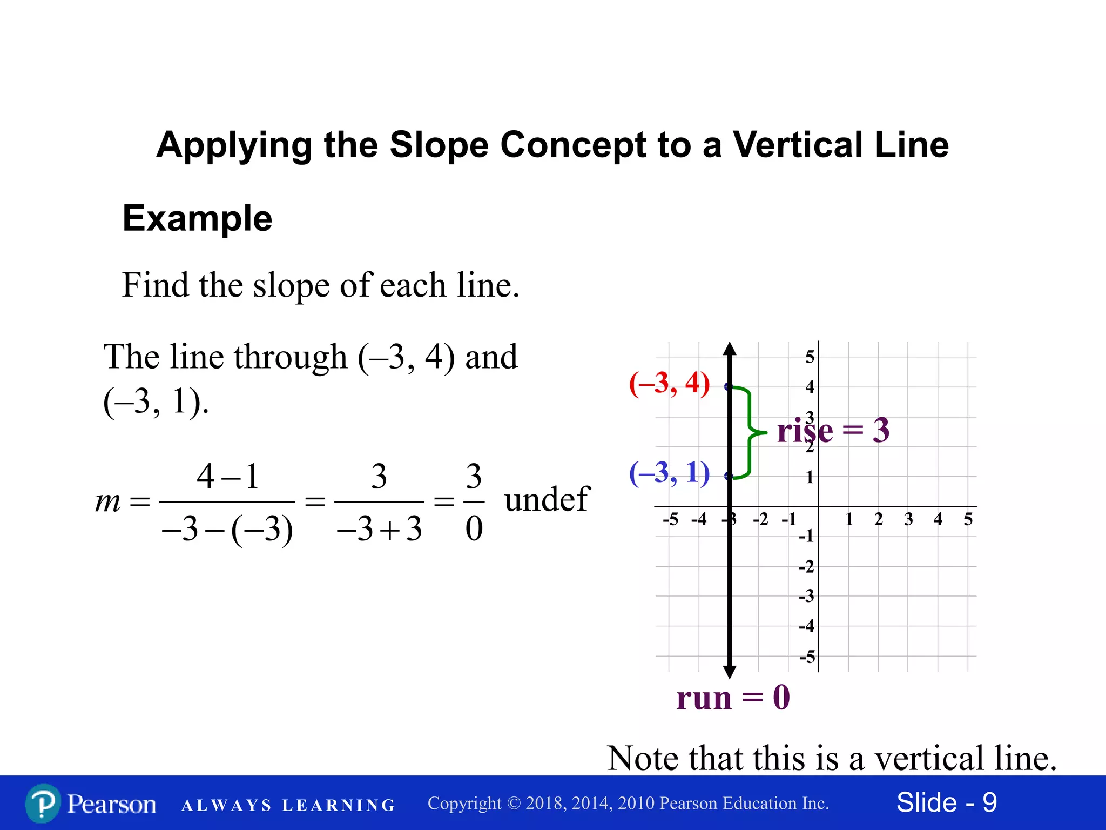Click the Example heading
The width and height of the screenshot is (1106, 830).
point(197,218)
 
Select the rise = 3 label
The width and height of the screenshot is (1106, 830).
point(833,431)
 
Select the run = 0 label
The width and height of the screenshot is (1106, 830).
point(733,698)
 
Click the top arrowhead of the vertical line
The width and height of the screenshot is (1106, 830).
point(730,349)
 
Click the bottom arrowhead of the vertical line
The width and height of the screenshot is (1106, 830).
point(730,672)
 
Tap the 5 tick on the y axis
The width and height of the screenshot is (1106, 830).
point(810,357)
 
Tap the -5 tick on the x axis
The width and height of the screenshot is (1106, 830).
point(670,519)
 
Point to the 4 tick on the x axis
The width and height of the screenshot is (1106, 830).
point(938,519)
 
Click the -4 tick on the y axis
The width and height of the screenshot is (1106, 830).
point(806,626)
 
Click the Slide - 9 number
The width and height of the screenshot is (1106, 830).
point(946,802)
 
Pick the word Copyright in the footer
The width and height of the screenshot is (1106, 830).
point(464,804)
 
